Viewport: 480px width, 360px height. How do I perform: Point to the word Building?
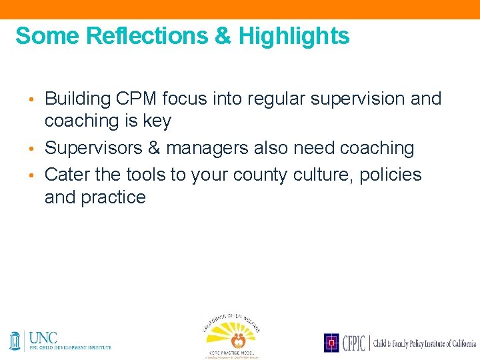click(x=77, y=99)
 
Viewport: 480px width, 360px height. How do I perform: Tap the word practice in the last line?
click(x=115, y=197)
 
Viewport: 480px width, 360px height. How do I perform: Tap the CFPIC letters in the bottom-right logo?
click(x=353, y=343)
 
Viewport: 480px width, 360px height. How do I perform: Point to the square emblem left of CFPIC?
click(x=332, y=343)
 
